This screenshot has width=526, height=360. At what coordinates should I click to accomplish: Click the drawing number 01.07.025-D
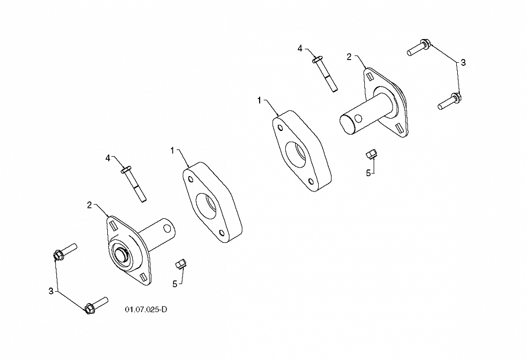[x=146, y=310]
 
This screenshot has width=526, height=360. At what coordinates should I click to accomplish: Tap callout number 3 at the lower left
[x=51, y=291]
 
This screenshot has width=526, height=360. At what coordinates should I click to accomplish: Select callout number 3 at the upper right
[x=463, y=63]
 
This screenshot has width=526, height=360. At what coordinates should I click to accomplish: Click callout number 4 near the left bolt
[x=108, y=158]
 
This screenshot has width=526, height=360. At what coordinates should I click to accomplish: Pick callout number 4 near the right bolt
[x=300, y=48]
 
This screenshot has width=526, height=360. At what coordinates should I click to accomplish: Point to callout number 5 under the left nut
[x=174, y=284]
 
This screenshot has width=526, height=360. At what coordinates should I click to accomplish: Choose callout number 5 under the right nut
[x=368, y=173]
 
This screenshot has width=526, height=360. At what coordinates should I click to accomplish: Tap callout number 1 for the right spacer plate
[x=260, y=100]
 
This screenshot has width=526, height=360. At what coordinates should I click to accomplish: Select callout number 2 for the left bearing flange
[x=89, y=205]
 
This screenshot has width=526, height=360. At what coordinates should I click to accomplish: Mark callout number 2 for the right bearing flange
[x=349, y=56]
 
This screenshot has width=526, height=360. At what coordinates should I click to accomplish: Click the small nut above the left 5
[x=181, y=264]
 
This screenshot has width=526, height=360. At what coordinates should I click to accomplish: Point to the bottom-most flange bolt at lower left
[x=95, y=305]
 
